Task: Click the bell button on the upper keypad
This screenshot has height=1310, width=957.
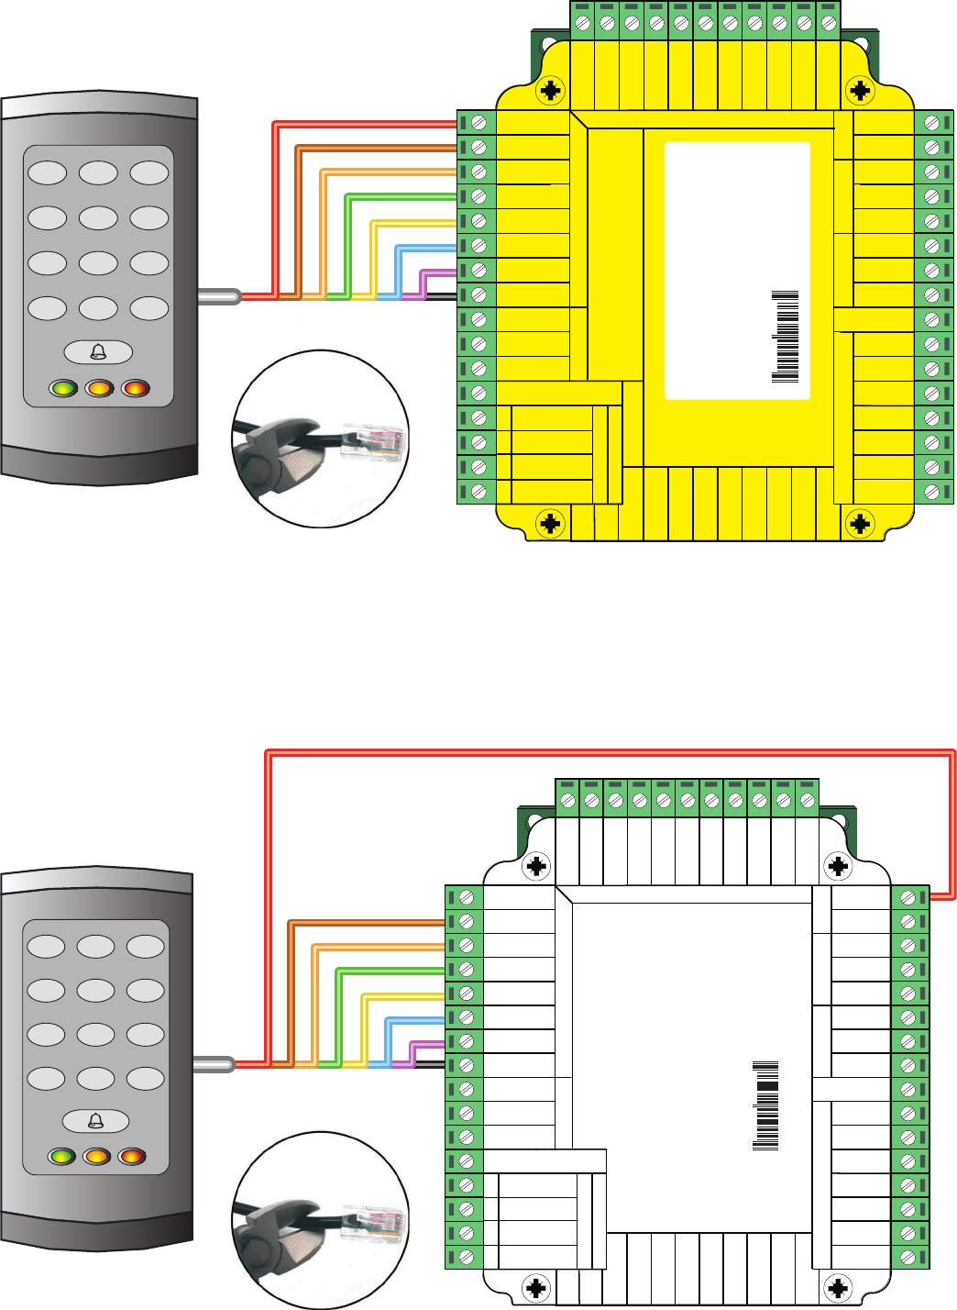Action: tap(98, 352)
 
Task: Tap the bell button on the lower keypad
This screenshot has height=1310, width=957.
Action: tap(95, 1121)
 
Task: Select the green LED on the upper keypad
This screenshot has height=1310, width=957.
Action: tap(63, 388)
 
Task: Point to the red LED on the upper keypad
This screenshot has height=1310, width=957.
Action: tap(135, 388)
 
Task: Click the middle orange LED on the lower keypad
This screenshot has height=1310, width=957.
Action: tap(96, 1156)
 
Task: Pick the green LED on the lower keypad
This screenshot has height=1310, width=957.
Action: tap(61, 1156)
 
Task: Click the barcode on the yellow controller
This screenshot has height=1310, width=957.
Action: tap(786, 337)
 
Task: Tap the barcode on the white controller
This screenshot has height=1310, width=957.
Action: tap(765, 1106)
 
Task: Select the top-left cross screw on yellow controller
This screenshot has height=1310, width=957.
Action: tap(550, 91)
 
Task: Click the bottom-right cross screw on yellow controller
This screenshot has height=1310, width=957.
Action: tap(860, 524)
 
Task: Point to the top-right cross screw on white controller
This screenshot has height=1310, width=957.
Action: tap(838, 866)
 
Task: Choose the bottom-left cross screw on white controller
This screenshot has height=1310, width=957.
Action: tap(536, 1287)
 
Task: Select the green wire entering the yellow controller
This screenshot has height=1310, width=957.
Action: tap(403, 196)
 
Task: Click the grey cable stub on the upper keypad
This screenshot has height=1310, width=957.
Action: tap(218, 296)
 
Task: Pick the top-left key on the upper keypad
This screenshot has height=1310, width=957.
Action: tap(48, 173)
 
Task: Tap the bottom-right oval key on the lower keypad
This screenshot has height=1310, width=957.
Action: tap(145, 1078)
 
